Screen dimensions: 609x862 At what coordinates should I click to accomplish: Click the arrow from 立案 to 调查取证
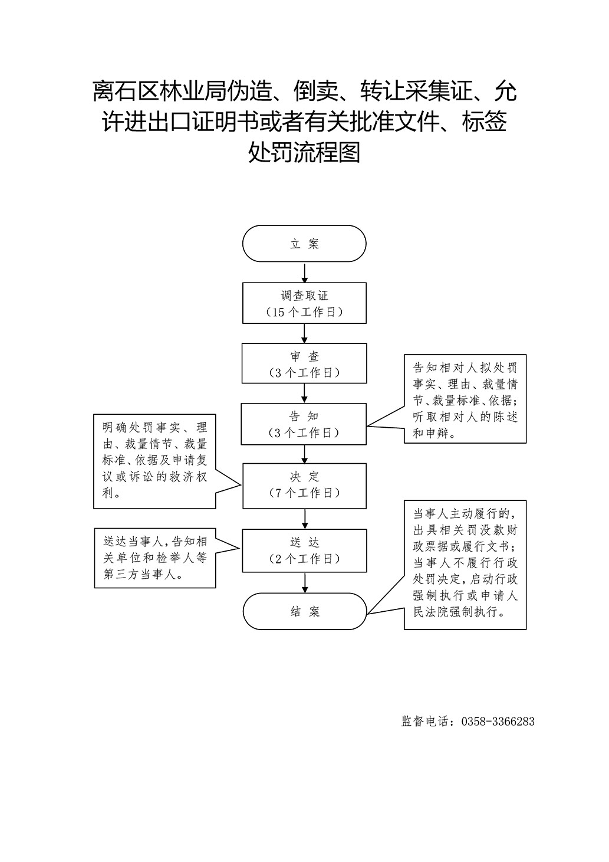click(304, 273)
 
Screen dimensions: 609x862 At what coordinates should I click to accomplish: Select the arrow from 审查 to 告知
click(304, 394)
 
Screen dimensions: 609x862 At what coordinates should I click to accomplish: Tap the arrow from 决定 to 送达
click(305, 519)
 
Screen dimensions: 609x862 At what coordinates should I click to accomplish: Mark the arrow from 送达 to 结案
click(305, 582)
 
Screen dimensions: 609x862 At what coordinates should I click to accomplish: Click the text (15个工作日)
click(304, 312)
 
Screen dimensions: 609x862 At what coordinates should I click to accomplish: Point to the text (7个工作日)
click(304, 493)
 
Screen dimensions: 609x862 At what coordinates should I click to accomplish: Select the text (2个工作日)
click(304, 559)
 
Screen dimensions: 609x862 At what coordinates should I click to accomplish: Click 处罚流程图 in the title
click(304, 152)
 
